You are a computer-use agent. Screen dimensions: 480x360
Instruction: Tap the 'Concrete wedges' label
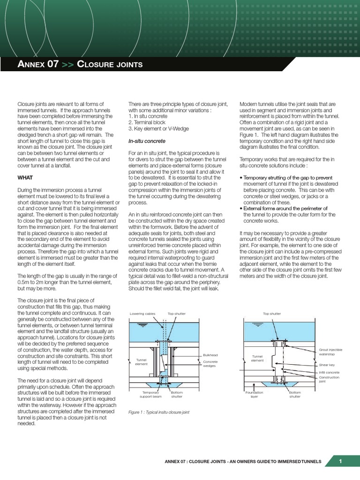[210, 364]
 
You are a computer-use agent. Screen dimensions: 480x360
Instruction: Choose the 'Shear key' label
[326, 365]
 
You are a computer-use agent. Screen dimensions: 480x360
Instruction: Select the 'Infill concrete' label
[329, 373]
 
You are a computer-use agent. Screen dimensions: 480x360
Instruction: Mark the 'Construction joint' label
[329, 379]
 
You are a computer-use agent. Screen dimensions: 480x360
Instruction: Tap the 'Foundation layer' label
[257, 394]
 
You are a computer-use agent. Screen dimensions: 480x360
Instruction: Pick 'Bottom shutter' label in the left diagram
[177, 394]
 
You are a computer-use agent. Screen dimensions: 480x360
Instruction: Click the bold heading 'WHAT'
[25, 178]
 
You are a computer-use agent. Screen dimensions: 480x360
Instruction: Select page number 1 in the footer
[341, 462]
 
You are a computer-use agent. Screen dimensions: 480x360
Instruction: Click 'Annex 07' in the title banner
[37, 64]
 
